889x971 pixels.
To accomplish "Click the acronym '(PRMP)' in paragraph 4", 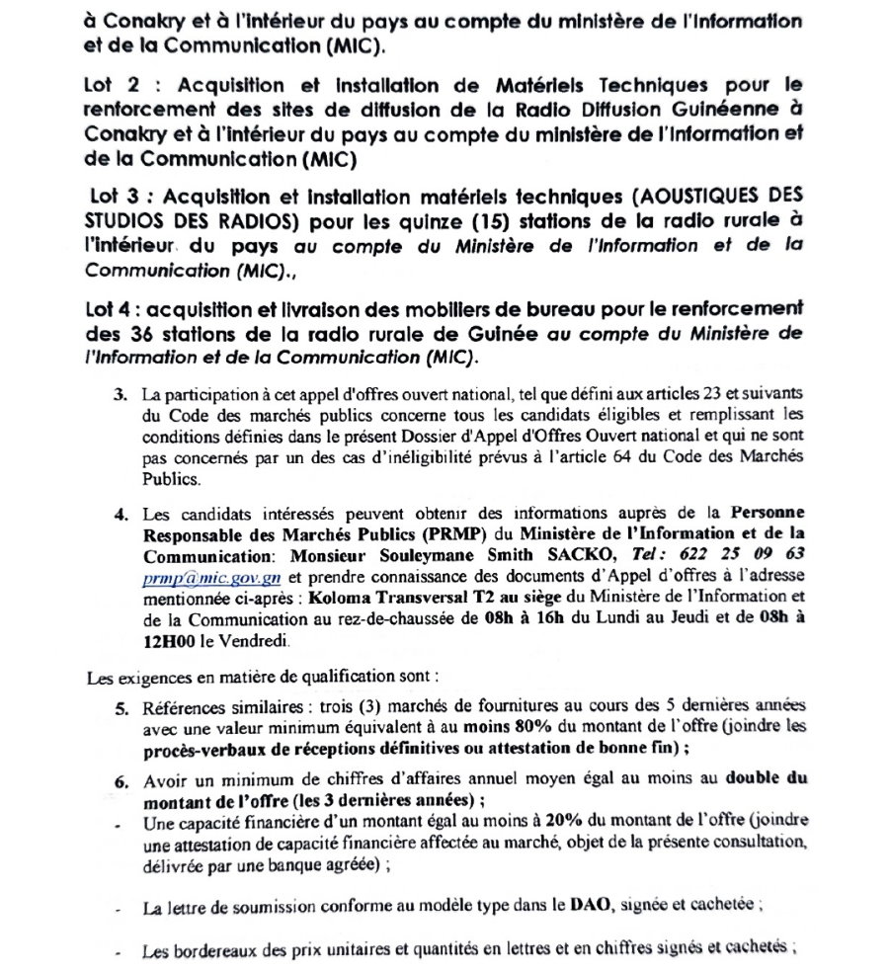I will [x=398, y=532].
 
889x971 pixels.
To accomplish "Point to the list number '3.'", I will [x=122, y=395].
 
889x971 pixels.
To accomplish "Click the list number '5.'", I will [x=122, y=706].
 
